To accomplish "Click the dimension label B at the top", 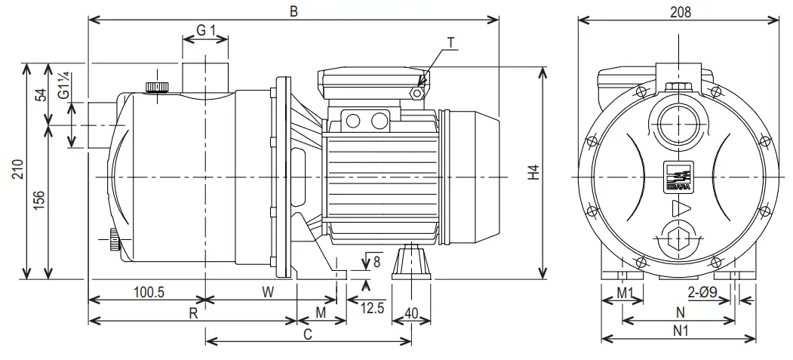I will coord(294,11).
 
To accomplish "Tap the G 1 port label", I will coord(206,30).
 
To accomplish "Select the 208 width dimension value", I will coord(680,11).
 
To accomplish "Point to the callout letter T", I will coord(450,43).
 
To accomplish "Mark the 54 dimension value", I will coord(40,94).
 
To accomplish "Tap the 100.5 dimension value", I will coord(149,292).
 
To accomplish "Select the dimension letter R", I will coord(193,313).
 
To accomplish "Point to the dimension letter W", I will coord(268,291).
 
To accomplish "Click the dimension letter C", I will coord(308,334).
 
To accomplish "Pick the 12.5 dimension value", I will coord(372,308).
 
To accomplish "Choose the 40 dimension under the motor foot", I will coord(411,312).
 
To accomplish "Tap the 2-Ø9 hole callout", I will coord(702,292).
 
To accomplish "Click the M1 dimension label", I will coord(624,292).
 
